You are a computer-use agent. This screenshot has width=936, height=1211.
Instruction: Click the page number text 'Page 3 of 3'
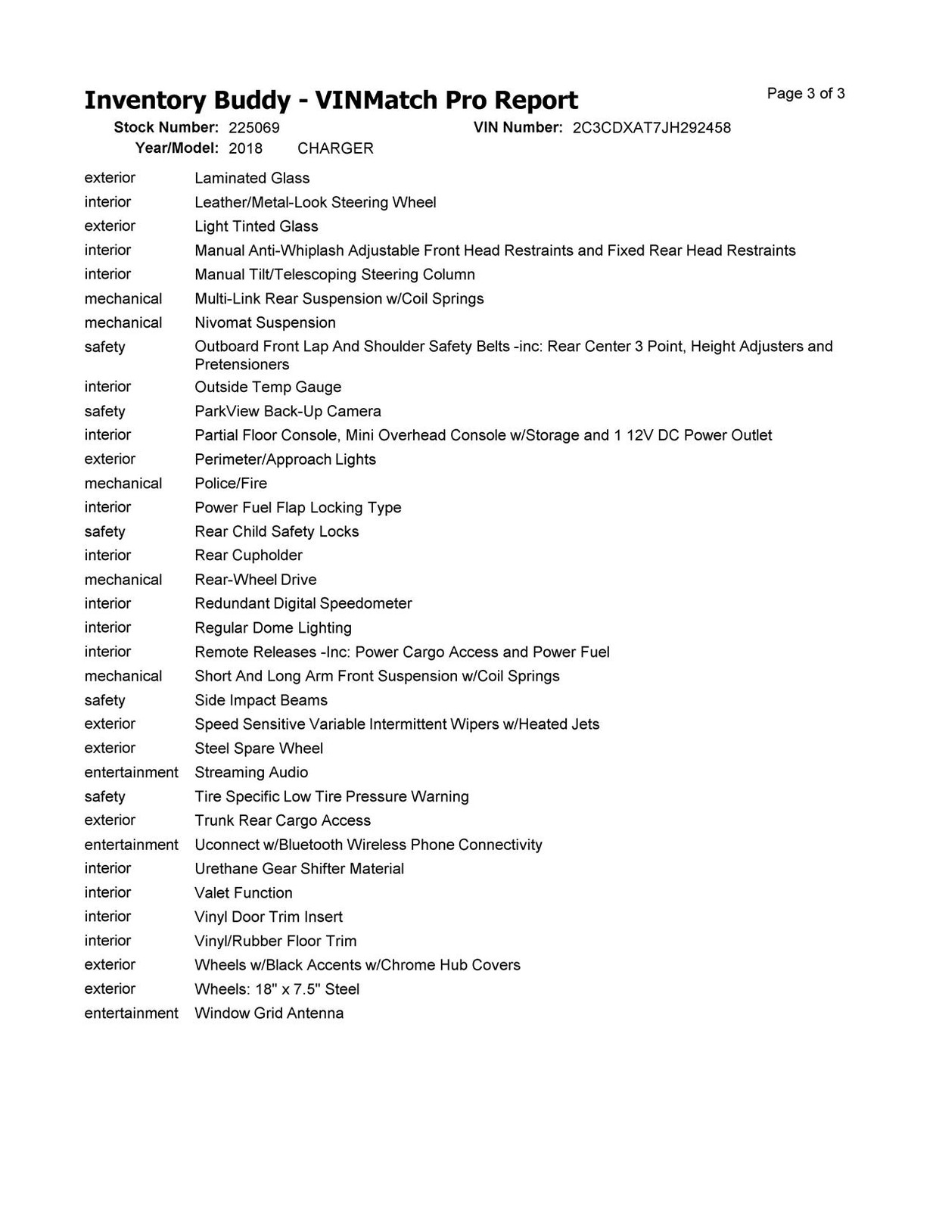click(x=805, y=94)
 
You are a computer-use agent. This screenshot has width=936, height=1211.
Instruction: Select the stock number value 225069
click(x=253, y=128)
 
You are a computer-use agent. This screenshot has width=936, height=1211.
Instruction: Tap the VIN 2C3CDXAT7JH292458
click(x=651, y=128)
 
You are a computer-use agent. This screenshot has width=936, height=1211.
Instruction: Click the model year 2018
click(x=245, y=148)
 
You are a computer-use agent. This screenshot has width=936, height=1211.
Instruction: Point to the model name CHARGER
click(x=335, y=148)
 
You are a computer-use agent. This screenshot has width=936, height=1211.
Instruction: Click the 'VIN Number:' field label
click(x=518, y=127)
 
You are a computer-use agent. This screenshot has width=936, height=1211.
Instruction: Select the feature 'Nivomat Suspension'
click(x=265, y=322)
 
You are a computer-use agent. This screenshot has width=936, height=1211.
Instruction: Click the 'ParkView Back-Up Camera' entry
click(x=288, y=411)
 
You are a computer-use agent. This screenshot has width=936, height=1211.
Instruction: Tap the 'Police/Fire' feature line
click(x=231, y=483)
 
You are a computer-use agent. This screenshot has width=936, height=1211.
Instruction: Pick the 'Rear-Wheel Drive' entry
click(x=256, y=580)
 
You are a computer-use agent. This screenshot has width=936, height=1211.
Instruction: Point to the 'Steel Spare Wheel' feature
click(x=259, y=749)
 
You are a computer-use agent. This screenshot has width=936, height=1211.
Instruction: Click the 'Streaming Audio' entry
click(x=251, y=773)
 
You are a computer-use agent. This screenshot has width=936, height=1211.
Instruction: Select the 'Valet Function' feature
click(x=244, y=893)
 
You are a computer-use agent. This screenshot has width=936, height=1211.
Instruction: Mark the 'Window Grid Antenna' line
click(x=269, y=1013)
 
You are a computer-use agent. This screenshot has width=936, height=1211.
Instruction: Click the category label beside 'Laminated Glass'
click(x=110, y=178)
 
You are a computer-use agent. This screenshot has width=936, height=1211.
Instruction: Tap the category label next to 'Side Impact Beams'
click(x=104, y=700)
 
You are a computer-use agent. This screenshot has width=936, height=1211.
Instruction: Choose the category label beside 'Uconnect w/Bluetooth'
click(x=131, y=845)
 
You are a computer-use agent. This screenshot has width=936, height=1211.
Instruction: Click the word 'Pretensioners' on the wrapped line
click(x=242, y=364)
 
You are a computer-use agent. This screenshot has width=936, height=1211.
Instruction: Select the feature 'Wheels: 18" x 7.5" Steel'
click(x=277, y=989)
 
